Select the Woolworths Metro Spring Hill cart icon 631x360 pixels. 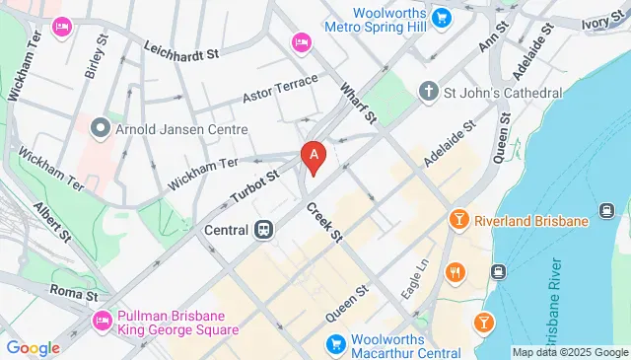coord(442,17)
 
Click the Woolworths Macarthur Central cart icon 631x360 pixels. coord(336,344)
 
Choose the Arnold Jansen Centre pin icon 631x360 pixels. coord(99,128)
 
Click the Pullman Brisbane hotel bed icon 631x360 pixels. coord(103,322)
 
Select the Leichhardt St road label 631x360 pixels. coord(179,51)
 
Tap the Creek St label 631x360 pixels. coord(322,223)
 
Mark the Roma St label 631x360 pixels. coord(75,294)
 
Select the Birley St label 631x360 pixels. coord(97,57)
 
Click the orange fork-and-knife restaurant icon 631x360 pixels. coord(455,271)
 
